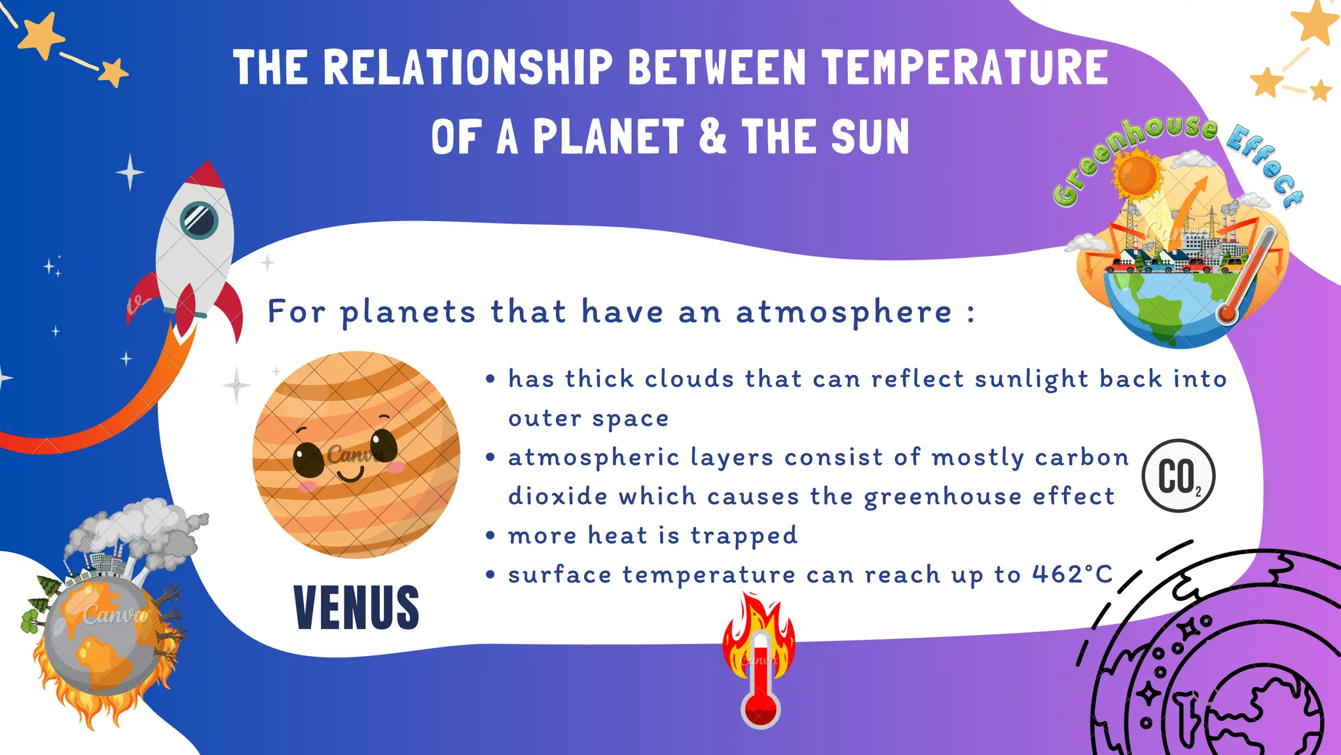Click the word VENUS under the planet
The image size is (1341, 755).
click(356, 608)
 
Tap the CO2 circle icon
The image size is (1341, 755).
click(1178, 476)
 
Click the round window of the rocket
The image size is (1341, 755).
click(199, 219)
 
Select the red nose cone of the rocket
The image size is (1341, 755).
click(206, 175)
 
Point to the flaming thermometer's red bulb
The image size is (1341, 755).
click(760, 710)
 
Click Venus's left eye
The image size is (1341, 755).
click(308, 459)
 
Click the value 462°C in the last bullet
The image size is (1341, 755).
click(1072, 575)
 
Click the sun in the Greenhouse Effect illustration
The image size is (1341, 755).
click(1138, 174)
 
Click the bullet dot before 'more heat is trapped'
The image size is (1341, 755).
click(490, 535)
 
